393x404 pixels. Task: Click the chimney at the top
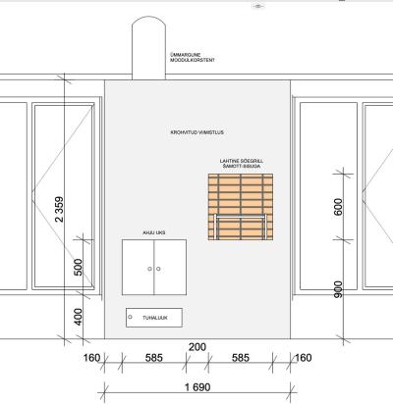coord(148,48)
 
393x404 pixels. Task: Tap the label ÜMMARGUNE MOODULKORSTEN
coord(193,58)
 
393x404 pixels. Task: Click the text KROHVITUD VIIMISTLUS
coord(197,132)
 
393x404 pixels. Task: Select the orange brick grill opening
coord(241,207)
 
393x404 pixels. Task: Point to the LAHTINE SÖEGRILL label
coord(242,161)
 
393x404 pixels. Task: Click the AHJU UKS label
coord(154,232)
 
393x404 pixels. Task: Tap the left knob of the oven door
coord(150,269)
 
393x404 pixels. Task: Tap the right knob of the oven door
coord(158,269)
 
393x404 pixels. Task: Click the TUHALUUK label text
coord(155,318)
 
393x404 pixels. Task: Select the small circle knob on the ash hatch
coord(130,317)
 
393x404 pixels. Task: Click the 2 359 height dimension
coord(59,209)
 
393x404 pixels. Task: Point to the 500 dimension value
coord(78,267)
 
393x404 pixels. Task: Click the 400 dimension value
coord(78,317)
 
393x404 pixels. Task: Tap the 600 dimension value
coord(338,207)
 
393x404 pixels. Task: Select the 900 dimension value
coord(338,289)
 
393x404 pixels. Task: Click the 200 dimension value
coord(197,347)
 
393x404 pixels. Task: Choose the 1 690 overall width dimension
coord(197,387)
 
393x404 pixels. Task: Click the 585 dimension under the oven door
coord(154,358)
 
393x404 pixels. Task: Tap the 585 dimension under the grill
coord(241,358)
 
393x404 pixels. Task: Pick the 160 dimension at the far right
coord(304,358)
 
